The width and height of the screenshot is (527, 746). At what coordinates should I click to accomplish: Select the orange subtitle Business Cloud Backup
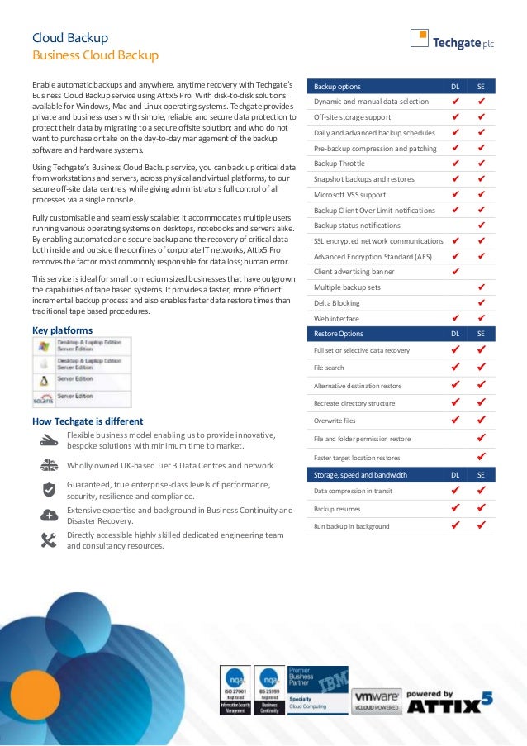tap(95, 55)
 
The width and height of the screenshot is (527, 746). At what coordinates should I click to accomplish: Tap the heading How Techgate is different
tap(87, 421)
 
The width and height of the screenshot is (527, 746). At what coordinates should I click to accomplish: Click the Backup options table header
tap(338, 86)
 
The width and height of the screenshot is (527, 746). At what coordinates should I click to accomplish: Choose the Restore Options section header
tap(339, 334)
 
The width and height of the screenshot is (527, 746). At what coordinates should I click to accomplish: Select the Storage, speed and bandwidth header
tap(360, 475)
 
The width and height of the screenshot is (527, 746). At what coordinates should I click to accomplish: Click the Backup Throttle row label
tap(340, 164)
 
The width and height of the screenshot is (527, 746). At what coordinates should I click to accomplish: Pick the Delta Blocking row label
tap(337, 303)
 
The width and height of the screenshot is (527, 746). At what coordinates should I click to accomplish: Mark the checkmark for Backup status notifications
tap(481, 226)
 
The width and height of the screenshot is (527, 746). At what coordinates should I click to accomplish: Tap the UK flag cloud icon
tap(49, 464)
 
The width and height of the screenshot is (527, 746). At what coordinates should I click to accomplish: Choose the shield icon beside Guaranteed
tap(49, 490)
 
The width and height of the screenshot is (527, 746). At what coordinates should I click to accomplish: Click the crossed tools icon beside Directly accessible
tap(49, 540)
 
